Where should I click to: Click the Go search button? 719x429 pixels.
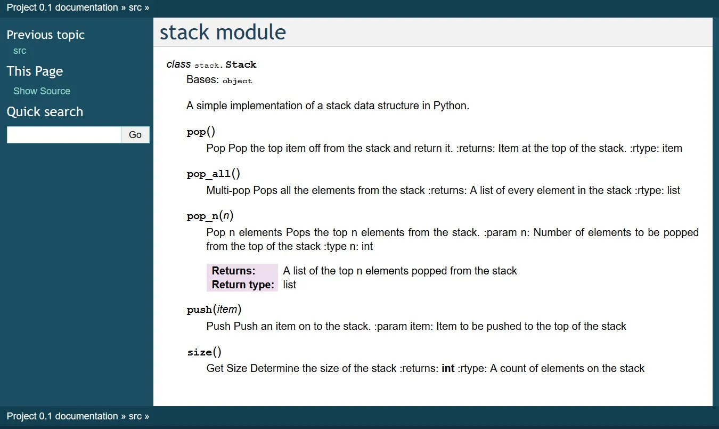point(135,135)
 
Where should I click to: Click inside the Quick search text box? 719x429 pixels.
point(64,135)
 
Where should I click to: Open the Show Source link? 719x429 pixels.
point(42,91)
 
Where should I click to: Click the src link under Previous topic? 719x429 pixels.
point(20,51)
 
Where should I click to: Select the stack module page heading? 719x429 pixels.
point(223,33)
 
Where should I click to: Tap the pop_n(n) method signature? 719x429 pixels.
point(210,216)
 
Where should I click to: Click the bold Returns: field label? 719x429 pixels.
point(233,271)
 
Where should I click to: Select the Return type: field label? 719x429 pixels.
point(243,285)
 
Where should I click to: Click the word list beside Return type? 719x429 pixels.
point(289,285)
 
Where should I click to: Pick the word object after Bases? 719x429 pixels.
point(237,81)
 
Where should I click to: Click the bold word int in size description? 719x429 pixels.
point(448,368)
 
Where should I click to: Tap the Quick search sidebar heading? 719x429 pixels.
point(45,112)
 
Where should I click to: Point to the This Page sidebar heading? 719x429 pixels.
point(35,71)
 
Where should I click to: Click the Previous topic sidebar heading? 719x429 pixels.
point(45,35)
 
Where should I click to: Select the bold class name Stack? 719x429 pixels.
point(241,64)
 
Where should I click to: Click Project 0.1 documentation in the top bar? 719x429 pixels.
point(62,7)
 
